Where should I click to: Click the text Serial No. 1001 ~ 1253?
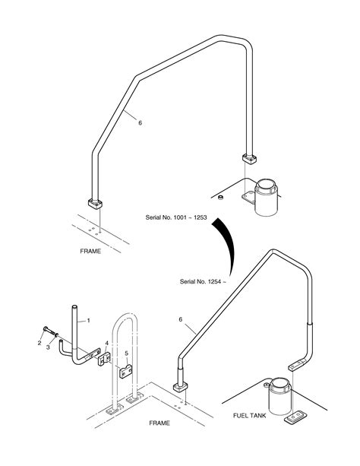176,217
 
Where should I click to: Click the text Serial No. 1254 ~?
203,281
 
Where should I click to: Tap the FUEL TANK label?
250,416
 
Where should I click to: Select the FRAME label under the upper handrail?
90,251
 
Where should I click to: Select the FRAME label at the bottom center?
159,423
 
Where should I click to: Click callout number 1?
88,320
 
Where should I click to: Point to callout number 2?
39,343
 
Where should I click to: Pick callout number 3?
48,347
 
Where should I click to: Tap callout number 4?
106,344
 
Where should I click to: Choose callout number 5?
127,353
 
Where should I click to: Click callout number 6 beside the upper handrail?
141,122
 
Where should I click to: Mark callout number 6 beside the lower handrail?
181,319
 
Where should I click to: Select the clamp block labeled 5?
125,371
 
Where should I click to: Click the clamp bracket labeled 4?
104,359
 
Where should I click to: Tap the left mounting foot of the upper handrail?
95,204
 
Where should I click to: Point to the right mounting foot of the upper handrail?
250,159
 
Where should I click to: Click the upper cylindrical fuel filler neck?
267,197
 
